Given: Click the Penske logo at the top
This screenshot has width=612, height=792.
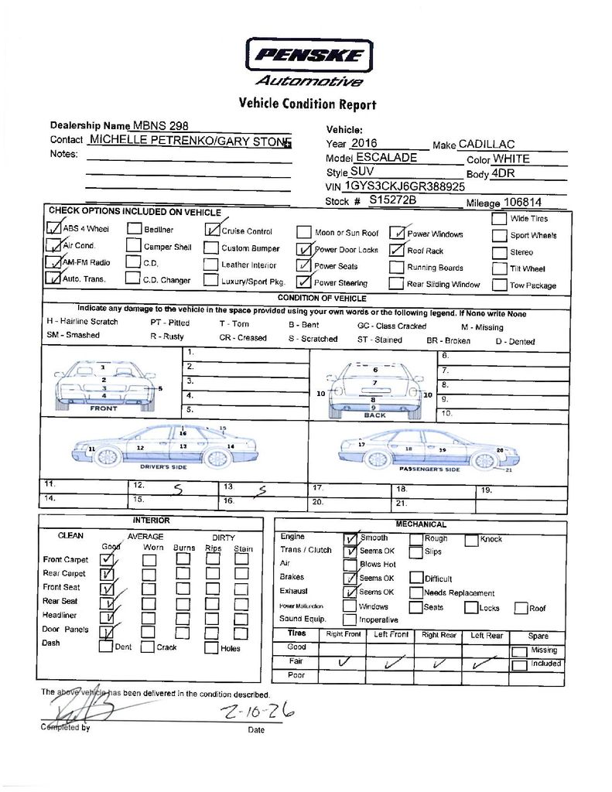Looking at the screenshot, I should (x=309, y=56).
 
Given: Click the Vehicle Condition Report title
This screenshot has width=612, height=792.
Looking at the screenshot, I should (x=307, y=104).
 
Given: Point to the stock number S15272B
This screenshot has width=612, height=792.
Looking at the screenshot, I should (x=392, y=200).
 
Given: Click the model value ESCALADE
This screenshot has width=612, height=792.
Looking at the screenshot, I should (x=386, y=158).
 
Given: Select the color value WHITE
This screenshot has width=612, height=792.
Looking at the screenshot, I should (x=511, y=159).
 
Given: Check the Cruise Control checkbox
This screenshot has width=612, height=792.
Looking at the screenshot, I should (x=211, y=229).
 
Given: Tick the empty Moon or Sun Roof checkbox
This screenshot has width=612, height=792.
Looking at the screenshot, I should (x=303, y=232).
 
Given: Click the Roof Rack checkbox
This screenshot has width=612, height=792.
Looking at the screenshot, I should (x=396, y=250).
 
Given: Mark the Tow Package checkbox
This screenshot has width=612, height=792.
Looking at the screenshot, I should (x=499, y=284).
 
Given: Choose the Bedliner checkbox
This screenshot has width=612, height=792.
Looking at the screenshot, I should (x=134, y=229).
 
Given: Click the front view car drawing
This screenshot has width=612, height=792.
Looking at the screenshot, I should (x=104, y=385).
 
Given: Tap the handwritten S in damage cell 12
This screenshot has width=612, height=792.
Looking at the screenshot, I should (x=177, y=490).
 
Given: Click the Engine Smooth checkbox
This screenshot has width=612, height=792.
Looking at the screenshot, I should (x=350, y=538).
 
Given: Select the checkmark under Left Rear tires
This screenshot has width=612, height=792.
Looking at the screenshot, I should (x=486, y=662).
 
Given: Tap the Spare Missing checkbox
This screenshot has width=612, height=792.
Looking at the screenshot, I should (x=520, y=650).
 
